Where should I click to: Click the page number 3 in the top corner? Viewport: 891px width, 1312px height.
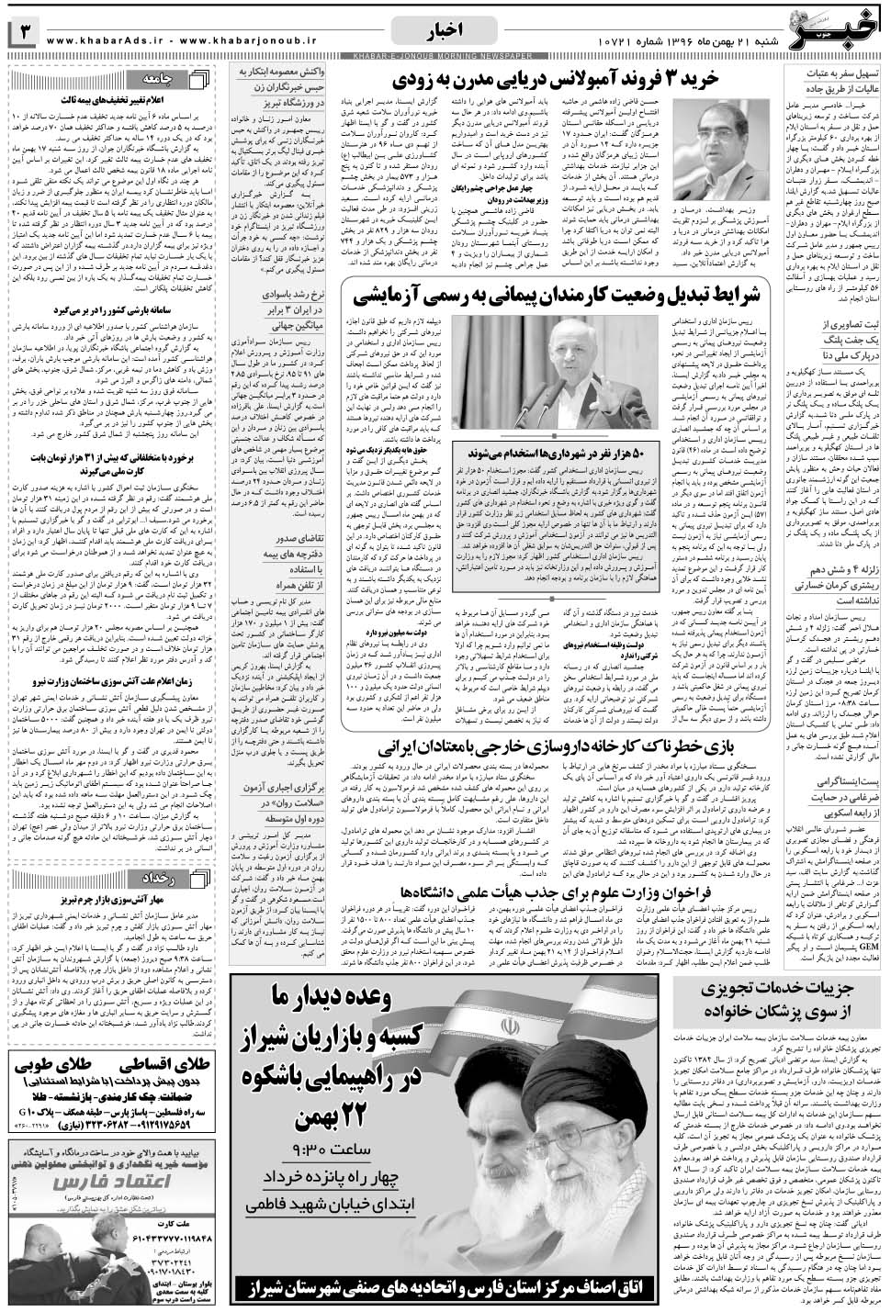(x=25, y=31)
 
